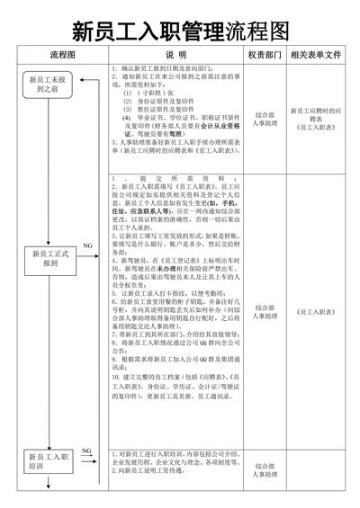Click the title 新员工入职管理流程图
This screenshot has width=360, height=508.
(180, 33)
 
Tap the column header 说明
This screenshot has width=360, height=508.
(175, 55)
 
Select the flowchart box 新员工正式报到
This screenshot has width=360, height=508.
(51, 259)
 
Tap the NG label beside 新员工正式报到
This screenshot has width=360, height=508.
(87, 245)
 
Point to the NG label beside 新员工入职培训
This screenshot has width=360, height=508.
(86, 450)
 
